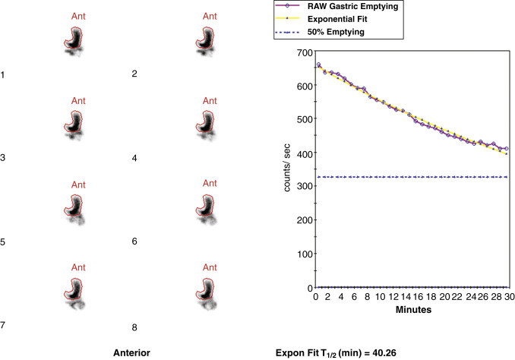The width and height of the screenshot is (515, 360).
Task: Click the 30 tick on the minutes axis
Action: [506, 297]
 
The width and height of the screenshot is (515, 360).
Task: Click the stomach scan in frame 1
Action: [74, 43]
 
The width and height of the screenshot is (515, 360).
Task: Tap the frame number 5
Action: [4, 243]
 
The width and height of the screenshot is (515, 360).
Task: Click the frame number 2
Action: [134, 74]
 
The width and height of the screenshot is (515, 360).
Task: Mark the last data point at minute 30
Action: [505, 149]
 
